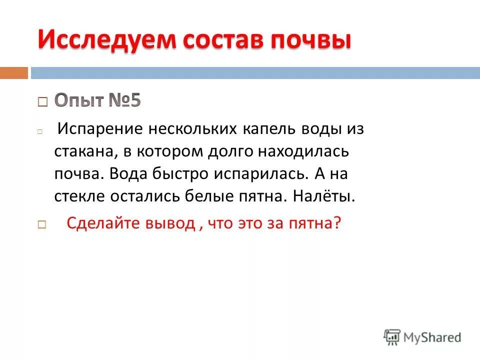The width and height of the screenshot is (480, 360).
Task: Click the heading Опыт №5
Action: (97, 100)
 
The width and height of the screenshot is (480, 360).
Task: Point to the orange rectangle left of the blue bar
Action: (13, 73)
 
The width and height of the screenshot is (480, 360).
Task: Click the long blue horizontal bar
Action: (255, 73)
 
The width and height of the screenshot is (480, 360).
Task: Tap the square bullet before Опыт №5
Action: (42, 102)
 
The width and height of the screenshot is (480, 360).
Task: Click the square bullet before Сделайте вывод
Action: (42, 225)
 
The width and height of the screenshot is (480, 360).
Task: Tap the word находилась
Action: (306, 151)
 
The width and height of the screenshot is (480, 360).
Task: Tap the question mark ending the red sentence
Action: (337, 223)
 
